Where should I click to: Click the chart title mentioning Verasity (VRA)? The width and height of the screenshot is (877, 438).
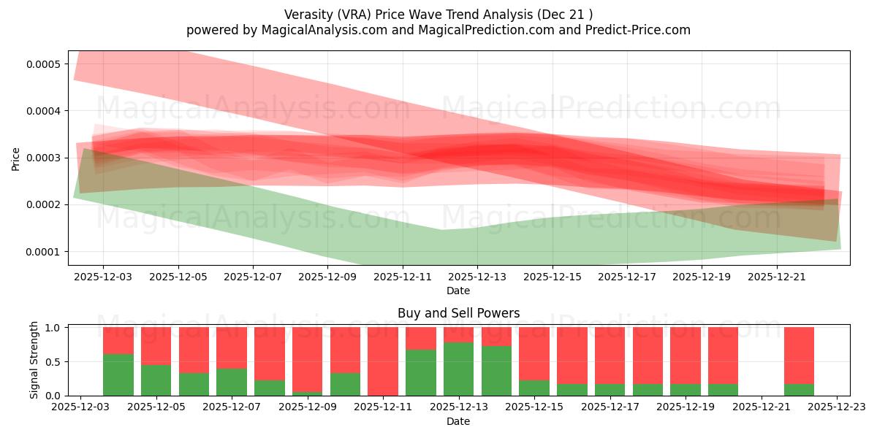[x=438, y=14]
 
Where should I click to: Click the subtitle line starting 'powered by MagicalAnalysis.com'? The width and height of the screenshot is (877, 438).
[x=438, y=30]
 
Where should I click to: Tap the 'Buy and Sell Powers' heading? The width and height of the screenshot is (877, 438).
[x=458, y=313]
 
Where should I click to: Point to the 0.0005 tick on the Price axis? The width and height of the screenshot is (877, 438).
[x=43, y=64]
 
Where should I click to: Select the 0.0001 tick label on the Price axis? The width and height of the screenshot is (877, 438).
[x=43, y=252]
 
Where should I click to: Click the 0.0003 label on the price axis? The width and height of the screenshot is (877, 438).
[x=43, y=158]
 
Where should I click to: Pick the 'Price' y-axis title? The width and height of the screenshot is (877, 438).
[x=15, y=158]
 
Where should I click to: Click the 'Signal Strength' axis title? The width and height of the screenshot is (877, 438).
[x=34, y=360]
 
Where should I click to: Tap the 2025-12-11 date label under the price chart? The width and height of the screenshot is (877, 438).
[x=402, y=277]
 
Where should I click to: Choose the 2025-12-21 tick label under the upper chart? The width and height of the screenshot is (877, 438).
[x=776, y=277]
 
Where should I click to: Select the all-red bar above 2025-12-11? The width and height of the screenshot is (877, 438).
[x=383, y=361]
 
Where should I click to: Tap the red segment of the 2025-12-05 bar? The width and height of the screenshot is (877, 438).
[x=156, y=345]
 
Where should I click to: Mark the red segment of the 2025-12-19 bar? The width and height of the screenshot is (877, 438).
[x=686, y=354]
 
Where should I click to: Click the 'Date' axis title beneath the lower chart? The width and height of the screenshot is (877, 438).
[x=458, y=421]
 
